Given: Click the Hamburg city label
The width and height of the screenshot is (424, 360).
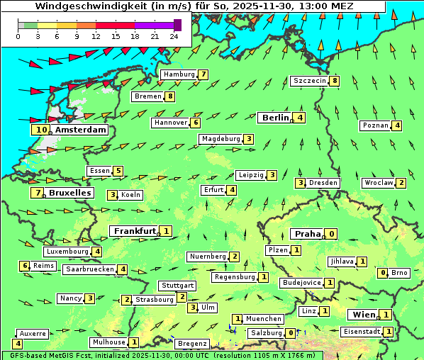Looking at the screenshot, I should coord(179,74).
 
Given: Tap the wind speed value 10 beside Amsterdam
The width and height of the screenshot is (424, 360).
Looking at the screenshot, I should coord(41,130).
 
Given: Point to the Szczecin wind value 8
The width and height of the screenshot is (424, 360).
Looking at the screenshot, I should coord(335,81).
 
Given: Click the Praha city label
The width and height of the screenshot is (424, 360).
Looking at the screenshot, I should coord(308,234).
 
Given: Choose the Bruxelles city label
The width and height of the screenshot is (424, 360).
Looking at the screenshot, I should coord(69,193).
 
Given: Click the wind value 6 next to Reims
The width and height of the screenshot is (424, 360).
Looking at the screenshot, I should coord(25,266).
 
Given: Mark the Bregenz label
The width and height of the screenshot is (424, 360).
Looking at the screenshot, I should coord(192,344).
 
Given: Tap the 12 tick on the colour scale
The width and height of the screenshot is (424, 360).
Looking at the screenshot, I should coord(96,37).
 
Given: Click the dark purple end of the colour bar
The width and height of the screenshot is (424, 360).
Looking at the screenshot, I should coord(177,25).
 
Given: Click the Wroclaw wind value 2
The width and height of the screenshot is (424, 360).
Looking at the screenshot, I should coord(401,183).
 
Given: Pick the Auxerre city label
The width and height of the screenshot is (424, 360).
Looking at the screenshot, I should coord(33,333).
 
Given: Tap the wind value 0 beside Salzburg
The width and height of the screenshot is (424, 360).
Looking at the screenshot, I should coord(291,333).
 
